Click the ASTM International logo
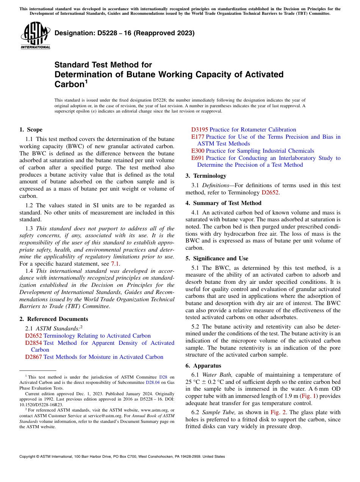(x=35, y=36)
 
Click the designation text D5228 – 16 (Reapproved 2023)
(x=124, y=33)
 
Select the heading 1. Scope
(x=31, y=130)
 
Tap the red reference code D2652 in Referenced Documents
(x=34, y=336)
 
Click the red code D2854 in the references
(x=34, y=343)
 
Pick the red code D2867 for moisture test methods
(x=34, y=357)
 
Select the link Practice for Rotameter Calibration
(x=253, y=130)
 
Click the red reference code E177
(x=198, y=137)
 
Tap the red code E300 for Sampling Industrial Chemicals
(x=198, y=151)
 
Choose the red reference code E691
(x=198, y=158)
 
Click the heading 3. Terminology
(x=206, y=176)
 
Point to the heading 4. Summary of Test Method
(x=223, y=203)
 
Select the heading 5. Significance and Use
(x=217, y=258)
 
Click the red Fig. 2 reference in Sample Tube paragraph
(x=276, y=412)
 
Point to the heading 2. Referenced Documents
(x=54, y=319)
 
